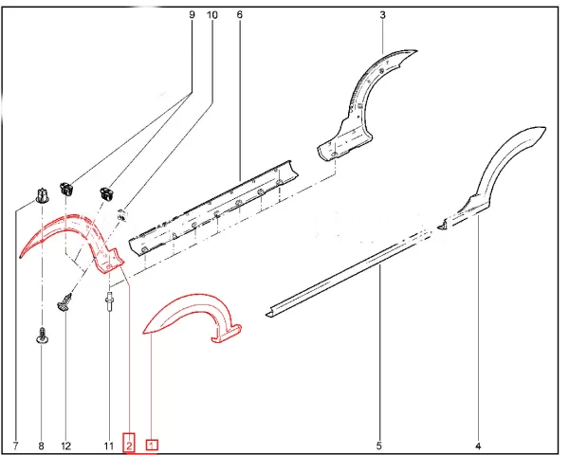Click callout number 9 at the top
pos(192,15)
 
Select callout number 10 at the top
pos(211,15)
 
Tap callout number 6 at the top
pos(239,15)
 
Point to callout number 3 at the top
pos(382,15)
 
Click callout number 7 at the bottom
pos(15,446)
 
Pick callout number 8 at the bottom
pos(41,446)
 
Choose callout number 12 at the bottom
pos(66,446)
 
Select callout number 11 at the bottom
pos(108,446)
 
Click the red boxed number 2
pos(129,443)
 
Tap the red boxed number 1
pos(152,446)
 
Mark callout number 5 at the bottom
pos(379,446)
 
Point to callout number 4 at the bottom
pos(478,446)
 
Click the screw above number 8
pos(43,336)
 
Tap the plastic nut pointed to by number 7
pos(42,195)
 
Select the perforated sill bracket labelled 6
pos(214,210)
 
